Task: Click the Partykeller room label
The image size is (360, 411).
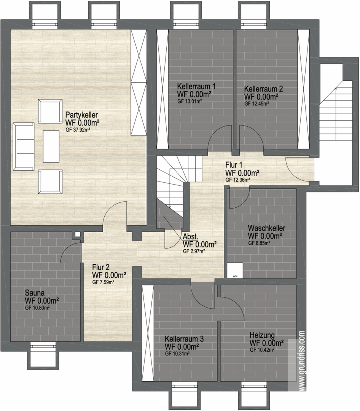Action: coord(81,115)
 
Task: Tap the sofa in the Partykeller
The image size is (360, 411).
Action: coord(24,146)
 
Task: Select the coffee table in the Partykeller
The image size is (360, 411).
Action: coord(51,146)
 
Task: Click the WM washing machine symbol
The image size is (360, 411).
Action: coord(235,270)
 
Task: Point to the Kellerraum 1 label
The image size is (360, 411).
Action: coord(196,86)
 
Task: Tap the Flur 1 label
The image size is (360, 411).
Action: coord(234,165)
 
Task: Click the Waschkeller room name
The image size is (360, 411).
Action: coord(266,228)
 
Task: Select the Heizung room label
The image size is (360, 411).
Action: coord(262,335)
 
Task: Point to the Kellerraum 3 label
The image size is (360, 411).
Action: coord(184,339)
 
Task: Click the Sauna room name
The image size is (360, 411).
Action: coord(35,293)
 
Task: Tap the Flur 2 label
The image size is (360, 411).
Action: coord(101,267)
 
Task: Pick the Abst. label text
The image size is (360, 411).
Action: coord(190,236)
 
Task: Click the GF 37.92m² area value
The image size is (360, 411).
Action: coord(78,129)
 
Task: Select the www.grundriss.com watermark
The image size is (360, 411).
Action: coord(301,360)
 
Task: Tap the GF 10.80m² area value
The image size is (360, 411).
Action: coord(38,308)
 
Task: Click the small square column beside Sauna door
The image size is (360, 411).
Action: coord(78,234)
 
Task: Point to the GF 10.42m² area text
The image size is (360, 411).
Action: coord(262,350)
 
